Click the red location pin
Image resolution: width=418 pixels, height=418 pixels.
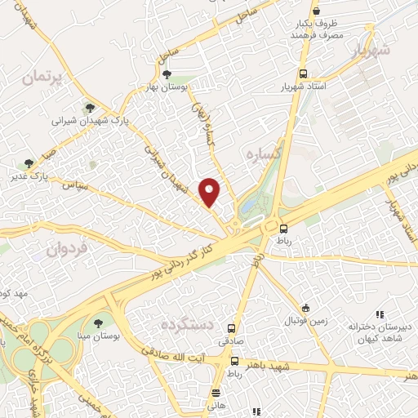point(211,191)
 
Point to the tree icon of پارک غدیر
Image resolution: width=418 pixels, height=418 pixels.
point(30,163)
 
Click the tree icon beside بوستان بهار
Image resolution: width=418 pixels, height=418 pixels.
point(167,74)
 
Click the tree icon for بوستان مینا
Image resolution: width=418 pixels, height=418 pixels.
point(100,323)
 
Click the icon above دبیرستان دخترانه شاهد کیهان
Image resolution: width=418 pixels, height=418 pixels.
point(379,314)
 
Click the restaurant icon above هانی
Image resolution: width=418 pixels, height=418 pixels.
point(216,392)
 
